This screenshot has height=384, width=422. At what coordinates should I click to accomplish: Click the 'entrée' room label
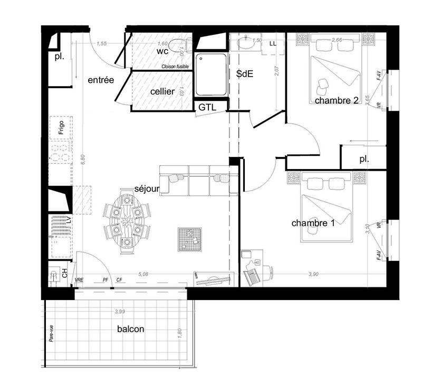pyautogui.click(x=101, y=80)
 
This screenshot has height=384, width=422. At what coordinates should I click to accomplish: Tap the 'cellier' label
pyautogui.click(x=162, y=91)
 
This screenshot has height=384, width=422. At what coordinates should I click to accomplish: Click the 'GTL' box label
pyautogui.click(x=206, y=107)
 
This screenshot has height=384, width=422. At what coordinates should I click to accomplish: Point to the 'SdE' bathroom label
pyautogui.click(x=245, y=74)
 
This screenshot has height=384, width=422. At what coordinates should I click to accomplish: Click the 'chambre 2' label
pyautogui.click(x=337, y=100)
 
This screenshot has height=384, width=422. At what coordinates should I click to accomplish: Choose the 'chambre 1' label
pyautogui.click(x=313, y=223)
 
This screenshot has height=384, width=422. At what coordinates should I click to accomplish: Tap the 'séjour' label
pyautogui.click(x=147, y=189)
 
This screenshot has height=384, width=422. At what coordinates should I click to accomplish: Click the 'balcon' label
pyautogui.click(x=131, y=329)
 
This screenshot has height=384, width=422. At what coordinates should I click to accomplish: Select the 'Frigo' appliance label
pyautogui.click(x=61, y=128)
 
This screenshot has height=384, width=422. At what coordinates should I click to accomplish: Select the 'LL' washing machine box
pyautogui.click(x=273, y=43)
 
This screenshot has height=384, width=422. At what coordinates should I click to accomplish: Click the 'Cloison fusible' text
pyautogui.click(x=175, y=67)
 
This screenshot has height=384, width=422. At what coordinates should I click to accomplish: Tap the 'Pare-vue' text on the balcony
pyautogui.click(x=52, y=334)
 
